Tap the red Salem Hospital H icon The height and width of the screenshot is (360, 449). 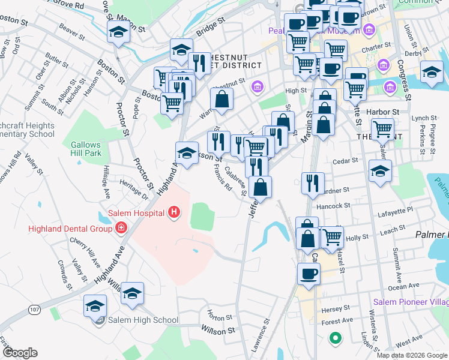[x=174, y=212]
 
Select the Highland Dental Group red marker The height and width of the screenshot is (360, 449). [x=121, y=228]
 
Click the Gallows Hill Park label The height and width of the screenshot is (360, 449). [x=86, y=149]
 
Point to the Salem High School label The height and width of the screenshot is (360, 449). [x=143, y=320]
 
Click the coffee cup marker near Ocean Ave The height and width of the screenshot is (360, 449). [x=309, y=274]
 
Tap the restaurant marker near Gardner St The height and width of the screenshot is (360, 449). [x=312, y=183]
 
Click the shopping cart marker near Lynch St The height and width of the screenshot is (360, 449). [x=382, y=128]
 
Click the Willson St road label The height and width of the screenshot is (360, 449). [x=218, y=330]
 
